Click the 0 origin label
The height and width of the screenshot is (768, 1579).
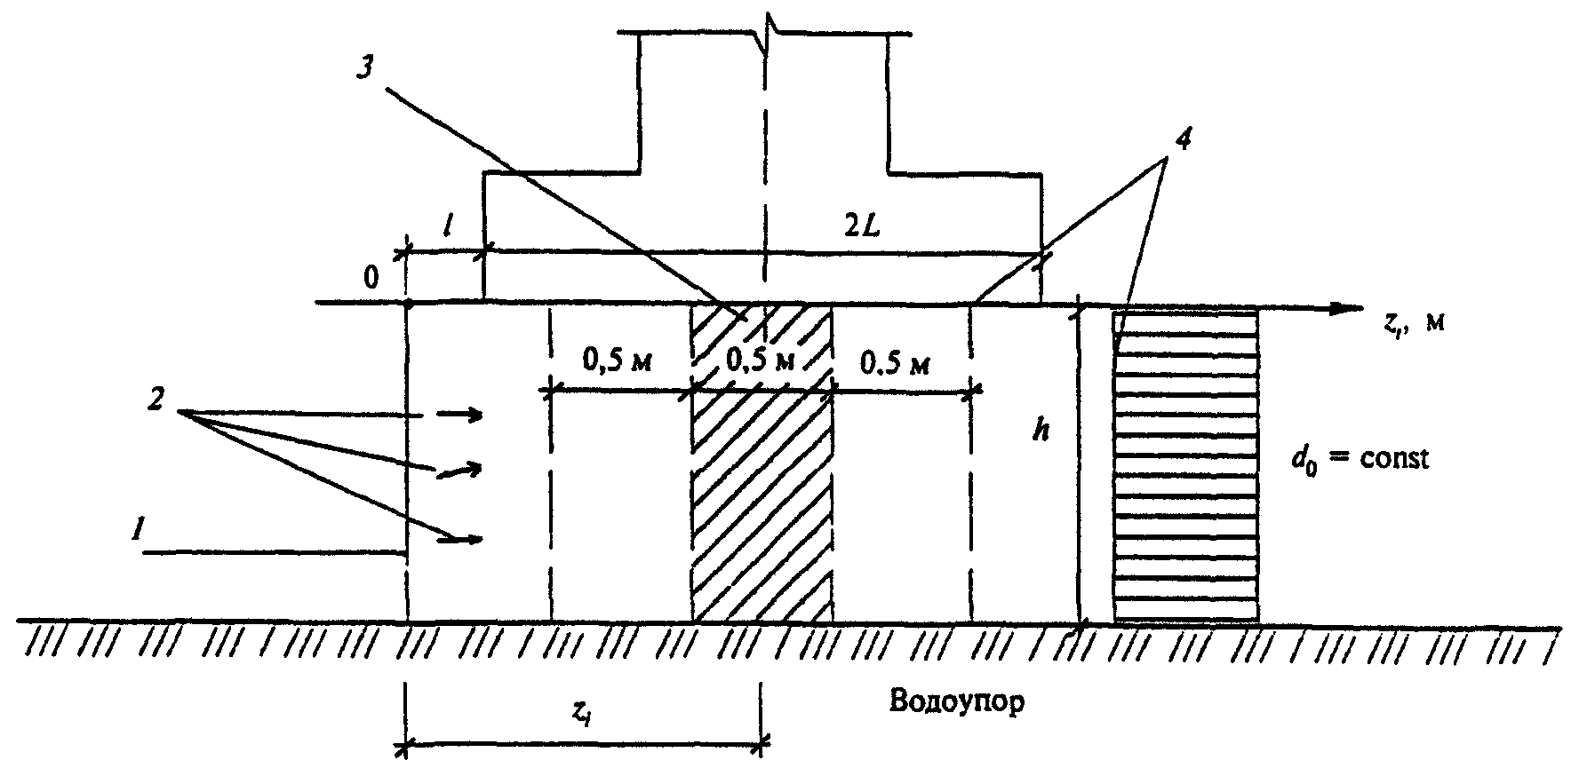(x=371, y=278)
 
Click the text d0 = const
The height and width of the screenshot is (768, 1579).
(x=1360, y=461)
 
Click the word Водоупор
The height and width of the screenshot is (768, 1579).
(x=956, y=702)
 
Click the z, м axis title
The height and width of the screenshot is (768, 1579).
(x=1412, y=324)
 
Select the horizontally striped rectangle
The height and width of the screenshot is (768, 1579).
(x=1185, y=464)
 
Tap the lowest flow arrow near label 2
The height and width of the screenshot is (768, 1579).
(x=462, y=538)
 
